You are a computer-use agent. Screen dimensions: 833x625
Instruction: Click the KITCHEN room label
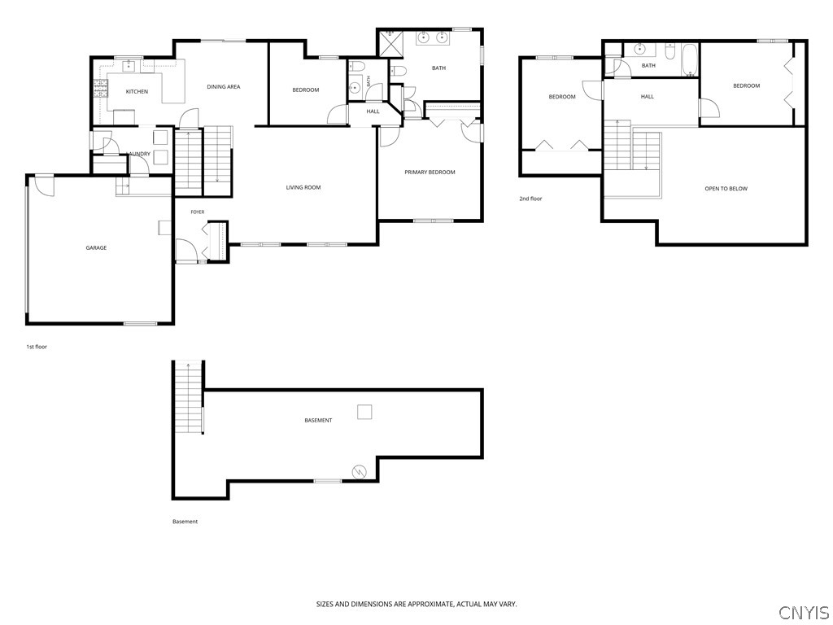click(x=137, y=91)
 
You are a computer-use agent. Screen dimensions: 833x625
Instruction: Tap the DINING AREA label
click(x=223, y=86)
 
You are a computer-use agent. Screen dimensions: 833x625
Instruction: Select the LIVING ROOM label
click(x=303, y=187)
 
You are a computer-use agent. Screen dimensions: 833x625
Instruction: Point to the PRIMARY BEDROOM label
click(x=430, y=173)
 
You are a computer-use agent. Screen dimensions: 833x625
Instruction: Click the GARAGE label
click(x=96, y=247)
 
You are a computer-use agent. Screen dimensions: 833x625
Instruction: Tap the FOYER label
click(x=198, y=212)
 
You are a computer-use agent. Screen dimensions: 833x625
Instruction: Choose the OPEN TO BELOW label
click(x=726, y=189)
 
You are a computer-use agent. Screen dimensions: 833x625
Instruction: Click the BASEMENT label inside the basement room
click(x=318, y=421)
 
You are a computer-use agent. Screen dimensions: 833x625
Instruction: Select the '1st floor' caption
click(x=37, y=347)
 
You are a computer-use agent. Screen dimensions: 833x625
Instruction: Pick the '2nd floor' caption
click(x=530, y=199)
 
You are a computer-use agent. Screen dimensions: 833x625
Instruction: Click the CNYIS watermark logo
click(x=804, y=612)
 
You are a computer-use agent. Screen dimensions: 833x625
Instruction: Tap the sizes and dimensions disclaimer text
click(x=416, y=605)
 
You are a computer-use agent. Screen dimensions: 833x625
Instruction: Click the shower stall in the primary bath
click(x=390, y=43)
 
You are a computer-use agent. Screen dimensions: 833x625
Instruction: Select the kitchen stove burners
click(x=100, y=89)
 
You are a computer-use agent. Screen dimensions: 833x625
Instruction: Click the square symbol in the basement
click(x=364, y=412)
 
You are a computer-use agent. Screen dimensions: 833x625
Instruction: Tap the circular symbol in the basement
click(x=359, y=471)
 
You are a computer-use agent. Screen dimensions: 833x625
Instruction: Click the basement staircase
click(x=189, y=397)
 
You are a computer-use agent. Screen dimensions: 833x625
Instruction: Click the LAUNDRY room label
click(x=139, y=154)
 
